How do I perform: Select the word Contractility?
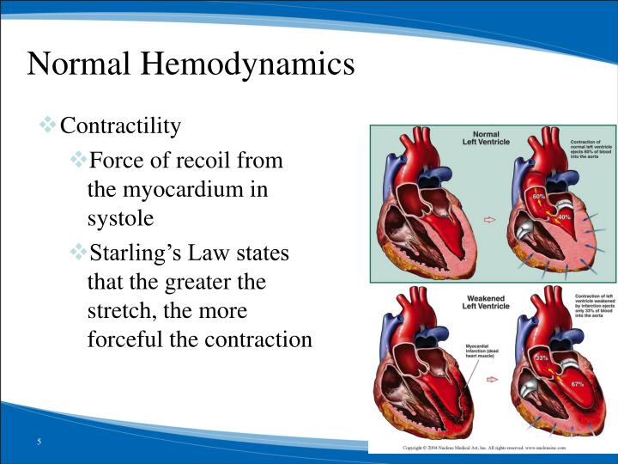(121, 127)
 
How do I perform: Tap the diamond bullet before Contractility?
(48, 126)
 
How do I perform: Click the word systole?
(120, 218)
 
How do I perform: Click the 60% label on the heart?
(539, 198)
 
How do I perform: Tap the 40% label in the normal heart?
(564, 217)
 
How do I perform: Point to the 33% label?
(542, 357)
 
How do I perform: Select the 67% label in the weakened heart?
(577, 383)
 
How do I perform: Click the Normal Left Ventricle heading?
(487, 138)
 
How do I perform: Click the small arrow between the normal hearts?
(490, 219)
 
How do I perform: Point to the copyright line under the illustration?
(493, 449)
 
